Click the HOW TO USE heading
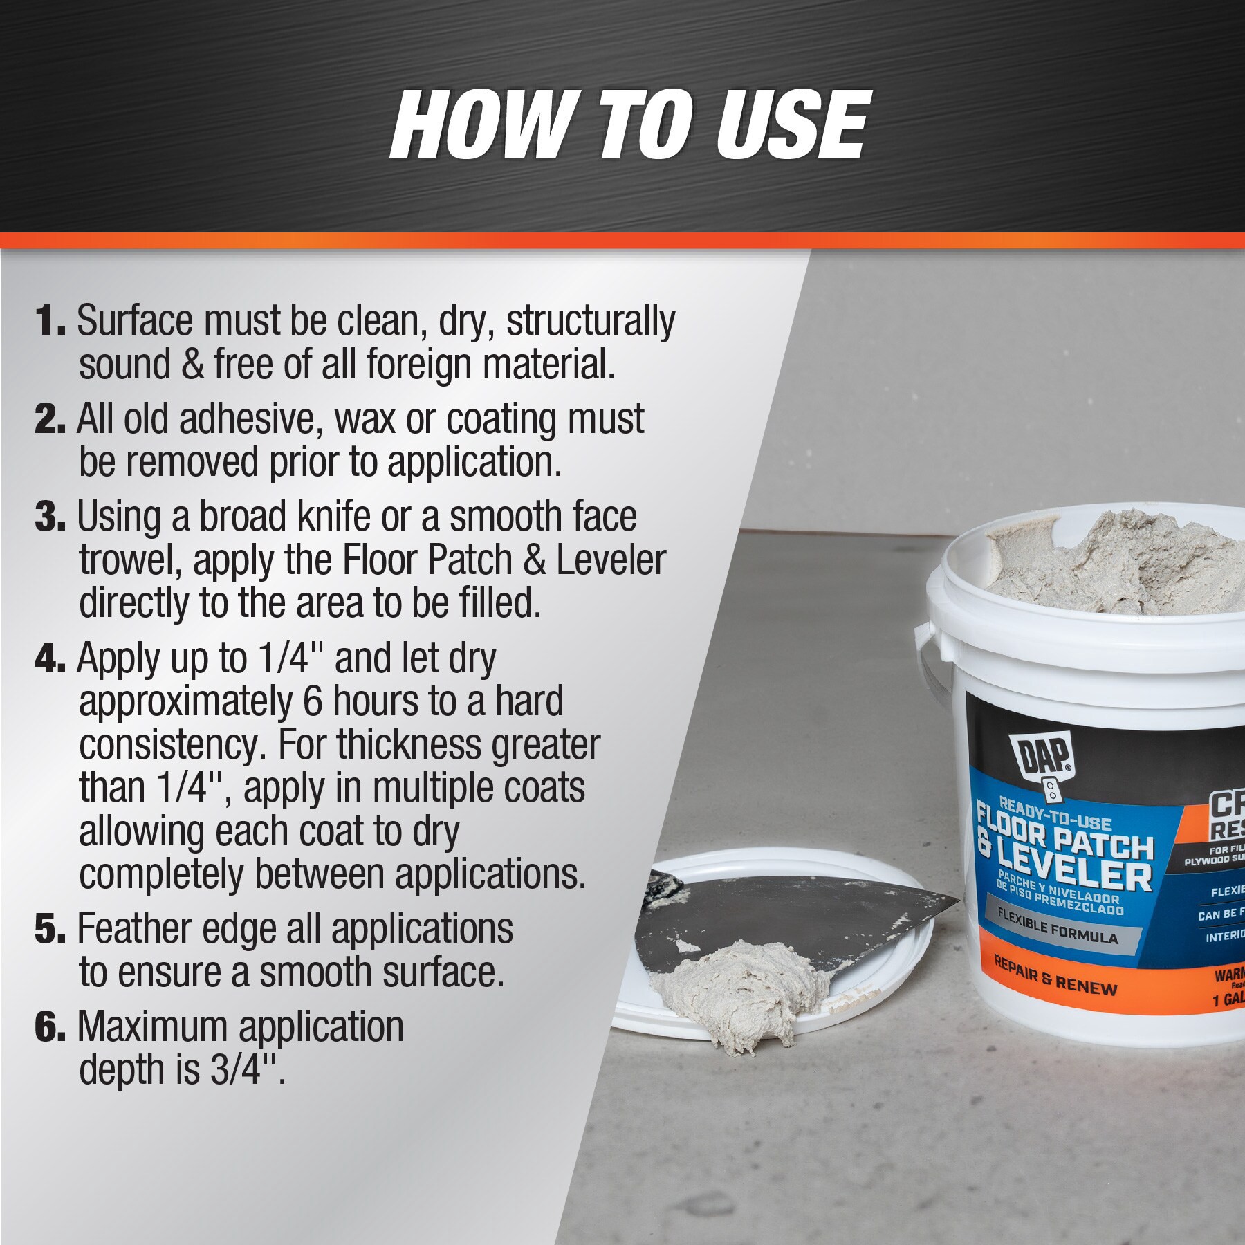click(627, 126)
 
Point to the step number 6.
click(49, 1029)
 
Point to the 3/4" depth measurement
click(246, 1070)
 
